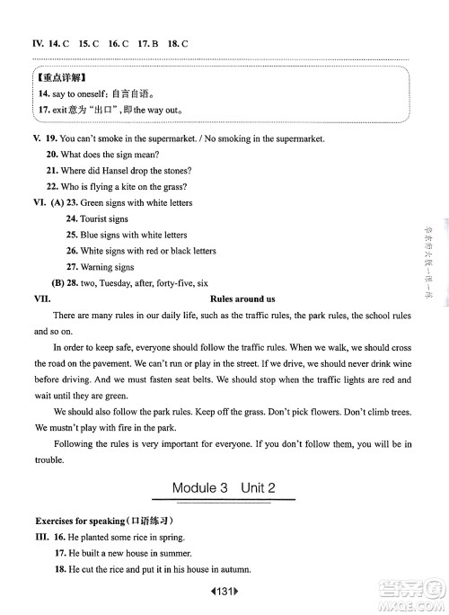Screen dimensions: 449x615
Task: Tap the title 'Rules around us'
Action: pyautogui.click(x=242, y=298)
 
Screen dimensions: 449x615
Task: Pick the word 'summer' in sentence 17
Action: pyautogui.click(x=177, y=553)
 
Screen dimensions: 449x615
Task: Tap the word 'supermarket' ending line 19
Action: pyautogui.click(x=297, y=138)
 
